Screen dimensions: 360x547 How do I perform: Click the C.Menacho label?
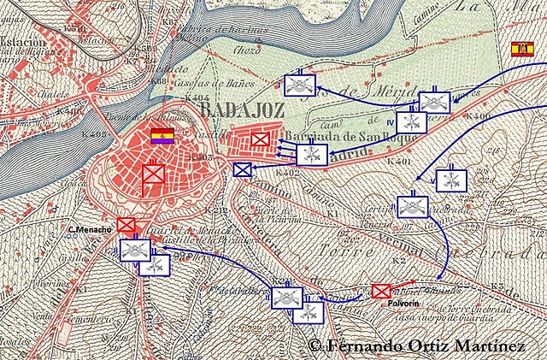click(91, 230)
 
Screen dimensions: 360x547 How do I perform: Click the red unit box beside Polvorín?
click(381, 291)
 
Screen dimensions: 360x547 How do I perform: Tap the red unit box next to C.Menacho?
click(126, 225)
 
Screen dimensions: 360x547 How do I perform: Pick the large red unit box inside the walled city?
click(154, 174)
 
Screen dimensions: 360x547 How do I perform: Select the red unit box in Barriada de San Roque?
click(261, 139)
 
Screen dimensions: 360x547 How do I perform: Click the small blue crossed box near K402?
click(243, 169)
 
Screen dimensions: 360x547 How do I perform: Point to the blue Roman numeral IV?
click(389, 121)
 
